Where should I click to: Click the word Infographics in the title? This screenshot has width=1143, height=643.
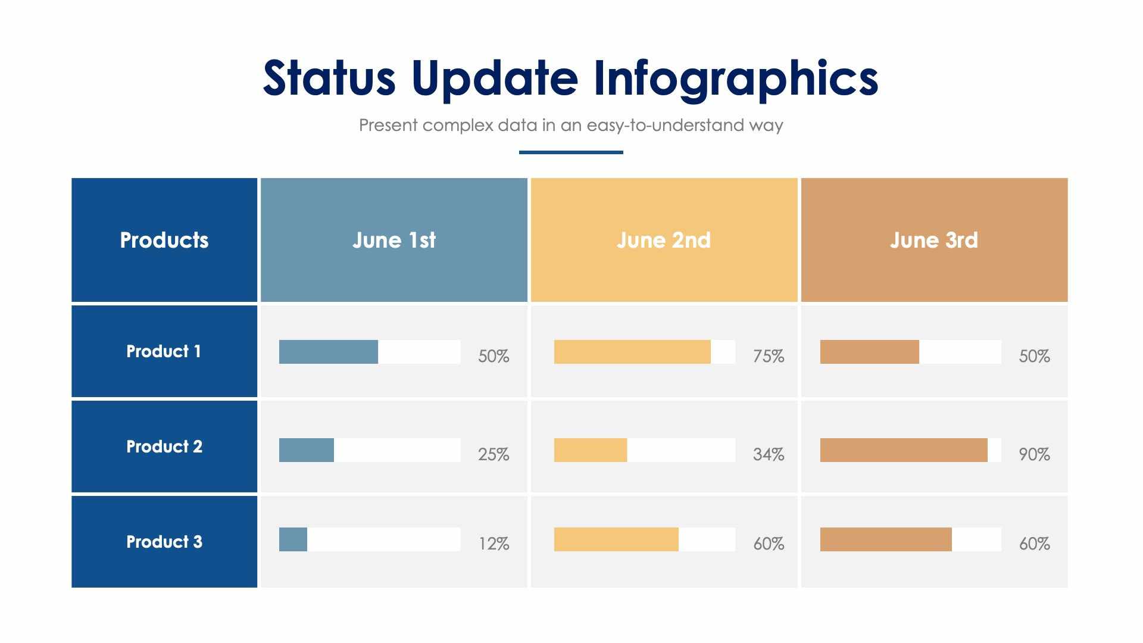click(x=735, y=79)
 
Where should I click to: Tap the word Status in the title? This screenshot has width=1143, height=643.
click(x=329, y=79)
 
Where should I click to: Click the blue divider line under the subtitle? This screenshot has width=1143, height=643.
click(x=571, y=152)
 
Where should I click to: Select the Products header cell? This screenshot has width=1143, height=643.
click(x=164, y=240)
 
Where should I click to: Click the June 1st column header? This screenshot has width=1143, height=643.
click(x=394, y=240)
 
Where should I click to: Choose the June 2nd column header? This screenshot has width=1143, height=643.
click(x=664, y=240)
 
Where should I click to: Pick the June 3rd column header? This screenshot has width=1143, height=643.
click(x=934, y=240)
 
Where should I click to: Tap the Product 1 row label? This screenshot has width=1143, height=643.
click(x=164, y=351)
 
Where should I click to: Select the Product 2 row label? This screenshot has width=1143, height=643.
click(x=164, y=447)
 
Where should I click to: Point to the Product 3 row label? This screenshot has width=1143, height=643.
click(x=164, y=542)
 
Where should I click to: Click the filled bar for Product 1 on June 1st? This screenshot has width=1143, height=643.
click(x=328, y=352)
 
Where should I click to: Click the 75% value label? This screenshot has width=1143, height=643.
click(x=769, y=356)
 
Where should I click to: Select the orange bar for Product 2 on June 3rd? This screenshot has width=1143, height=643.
click(x=904, y=450)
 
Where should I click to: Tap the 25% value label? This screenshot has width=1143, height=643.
click(x=494, y=454)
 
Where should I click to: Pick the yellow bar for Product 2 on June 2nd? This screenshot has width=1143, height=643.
click(x=591, y=450)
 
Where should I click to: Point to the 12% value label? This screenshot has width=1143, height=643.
click(x=494, y=544)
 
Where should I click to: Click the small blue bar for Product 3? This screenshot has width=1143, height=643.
click(x=293, y=539)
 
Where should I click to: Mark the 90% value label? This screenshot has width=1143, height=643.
click(x=1034, y=454)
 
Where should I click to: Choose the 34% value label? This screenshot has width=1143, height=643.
click(x=769, y=454)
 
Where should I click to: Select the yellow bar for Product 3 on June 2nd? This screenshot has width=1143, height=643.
click(x=616, y=539)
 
